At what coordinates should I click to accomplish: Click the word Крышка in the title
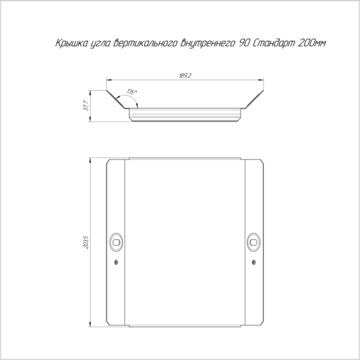[x=71, y=43]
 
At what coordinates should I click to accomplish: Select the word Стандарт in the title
[x=274, y=43]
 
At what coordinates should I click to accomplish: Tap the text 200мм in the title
[x=312, y=43]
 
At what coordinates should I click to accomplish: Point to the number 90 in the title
[x=244, y=43]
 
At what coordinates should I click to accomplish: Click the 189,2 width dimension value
[x=185, y=76]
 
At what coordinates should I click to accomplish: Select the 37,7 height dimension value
[x=86, y=106]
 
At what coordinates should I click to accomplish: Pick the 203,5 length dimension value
[x=86, y=242]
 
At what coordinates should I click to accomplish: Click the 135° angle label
[x=131, y=92]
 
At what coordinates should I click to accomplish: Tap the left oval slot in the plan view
[x=116, y=242]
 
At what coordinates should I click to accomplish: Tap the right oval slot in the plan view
[x=253, y=242]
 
